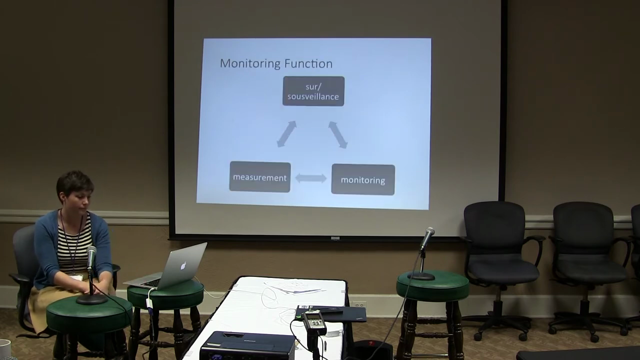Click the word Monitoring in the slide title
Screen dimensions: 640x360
[x=250, y=63]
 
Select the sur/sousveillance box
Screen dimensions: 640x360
[x=313, y=91]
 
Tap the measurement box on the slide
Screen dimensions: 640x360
[x=259, y=177]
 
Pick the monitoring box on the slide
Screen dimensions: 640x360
[x=363, y=179]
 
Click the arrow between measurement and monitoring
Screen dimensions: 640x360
[x=311, y=178]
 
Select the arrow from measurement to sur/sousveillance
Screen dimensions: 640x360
[x=286, y=134]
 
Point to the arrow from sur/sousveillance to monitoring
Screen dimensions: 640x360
[x=338, y=135]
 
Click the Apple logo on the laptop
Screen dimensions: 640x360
[x=183, y=265]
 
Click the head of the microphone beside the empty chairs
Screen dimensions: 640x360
[x=427, y=237]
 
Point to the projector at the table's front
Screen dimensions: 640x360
[x=247, y=345]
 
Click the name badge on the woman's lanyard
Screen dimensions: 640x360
[x=76, y=277]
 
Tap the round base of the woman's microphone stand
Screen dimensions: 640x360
[x=92, y=299]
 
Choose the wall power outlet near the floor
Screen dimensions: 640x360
[x=359, y=304]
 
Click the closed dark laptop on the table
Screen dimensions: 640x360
[x=331, y=313]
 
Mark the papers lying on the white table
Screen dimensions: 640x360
[x=294, y=287]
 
